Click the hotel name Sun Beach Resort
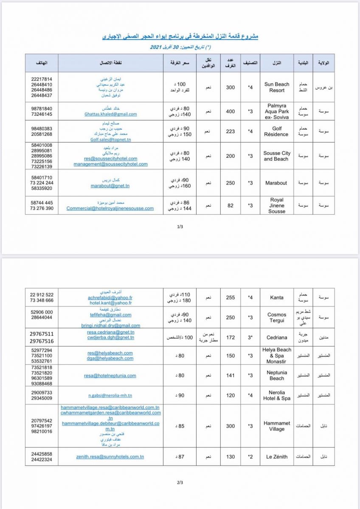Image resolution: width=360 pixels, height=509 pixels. tap(276, 87)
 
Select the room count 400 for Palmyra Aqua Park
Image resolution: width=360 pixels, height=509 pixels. tap(231, 111)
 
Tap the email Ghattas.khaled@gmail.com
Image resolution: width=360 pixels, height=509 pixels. tap(110, 114)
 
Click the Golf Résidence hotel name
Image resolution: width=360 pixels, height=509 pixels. tap(276, 131)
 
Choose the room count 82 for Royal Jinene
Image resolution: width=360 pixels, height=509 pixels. tap(231, 206)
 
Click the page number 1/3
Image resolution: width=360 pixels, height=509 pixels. tap(180, 227)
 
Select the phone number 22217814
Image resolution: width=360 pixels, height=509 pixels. tap(42, 79)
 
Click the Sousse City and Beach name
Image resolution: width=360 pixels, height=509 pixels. tap(277, 156)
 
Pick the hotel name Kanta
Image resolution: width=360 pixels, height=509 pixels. tap(277, 298)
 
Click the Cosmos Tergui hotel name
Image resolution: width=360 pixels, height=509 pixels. tap(277, 318)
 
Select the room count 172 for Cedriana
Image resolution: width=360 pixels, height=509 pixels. tap(231, 338)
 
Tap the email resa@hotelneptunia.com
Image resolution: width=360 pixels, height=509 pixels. tap(110, 375)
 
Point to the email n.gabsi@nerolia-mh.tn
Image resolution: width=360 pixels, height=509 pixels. tap(110, 396)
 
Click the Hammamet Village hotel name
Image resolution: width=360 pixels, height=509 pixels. tap(277, 426)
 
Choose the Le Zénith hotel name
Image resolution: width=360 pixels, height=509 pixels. tap(277, 457)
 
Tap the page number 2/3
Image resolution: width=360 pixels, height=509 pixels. tap(180, 483)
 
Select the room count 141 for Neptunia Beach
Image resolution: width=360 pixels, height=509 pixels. tap(231, 375)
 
